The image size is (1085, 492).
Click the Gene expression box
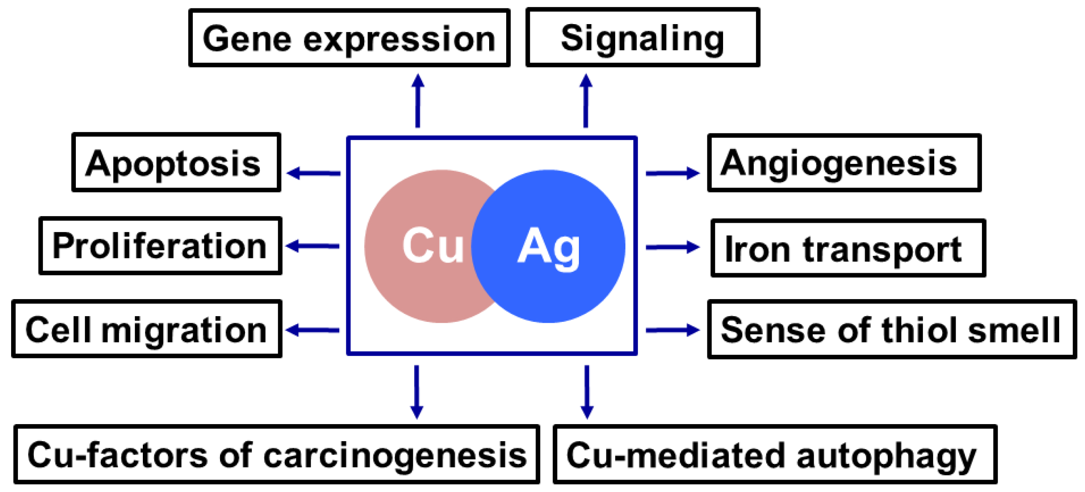click(349, 38)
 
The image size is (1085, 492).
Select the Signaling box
click(643, 38)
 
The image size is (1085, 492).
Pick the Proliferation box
click(160, 246)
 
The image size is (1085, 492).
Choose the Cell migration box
click(146, 329)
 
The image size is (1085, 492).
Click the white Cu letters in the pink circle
click(432, 245)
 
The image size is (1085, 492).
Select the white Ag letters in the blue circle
click(549, 246)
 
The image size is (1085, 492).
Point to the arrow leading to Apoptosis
click(314, 173)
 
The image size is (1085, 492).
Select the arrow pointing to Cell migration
click(313, 330)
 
